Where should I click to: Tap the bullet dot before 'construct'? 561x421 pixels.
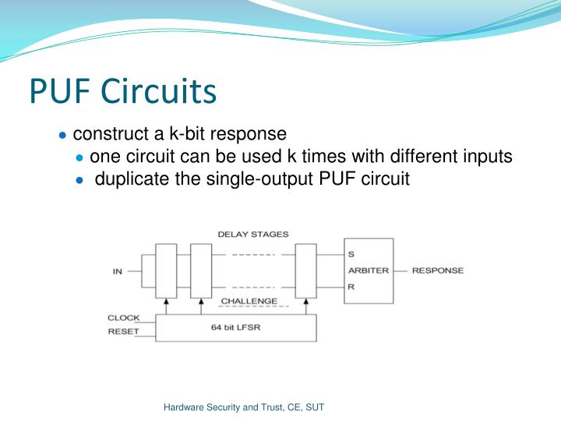coord(62,135)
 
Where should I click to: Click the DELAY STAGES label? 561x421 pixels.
coord(252,234)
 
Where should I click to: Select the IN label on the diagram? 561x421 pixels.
coord(118,271)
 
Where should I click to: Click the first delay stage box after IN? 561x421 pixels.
coord(167,271)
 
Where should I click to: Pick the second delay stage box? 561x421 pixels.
coord(201,271)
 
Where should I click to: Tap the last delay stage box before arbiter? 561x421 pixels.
coord(306,271)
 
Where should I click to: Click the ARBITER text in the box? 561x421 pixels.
coord(368,271)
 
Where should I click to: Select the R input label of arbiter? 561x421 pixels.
coord(351,287)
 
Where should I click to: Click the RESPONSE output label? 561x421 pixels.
coord(437,271)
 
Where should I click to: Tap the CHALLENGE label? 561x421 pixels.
coord(249,301)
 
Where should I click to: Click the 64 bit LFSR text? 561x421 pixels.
coord(236,327)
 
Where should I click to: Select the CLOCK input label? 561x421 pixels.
coord(123,317)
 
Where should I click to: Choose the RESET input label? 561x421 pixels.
coord(123,331)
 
